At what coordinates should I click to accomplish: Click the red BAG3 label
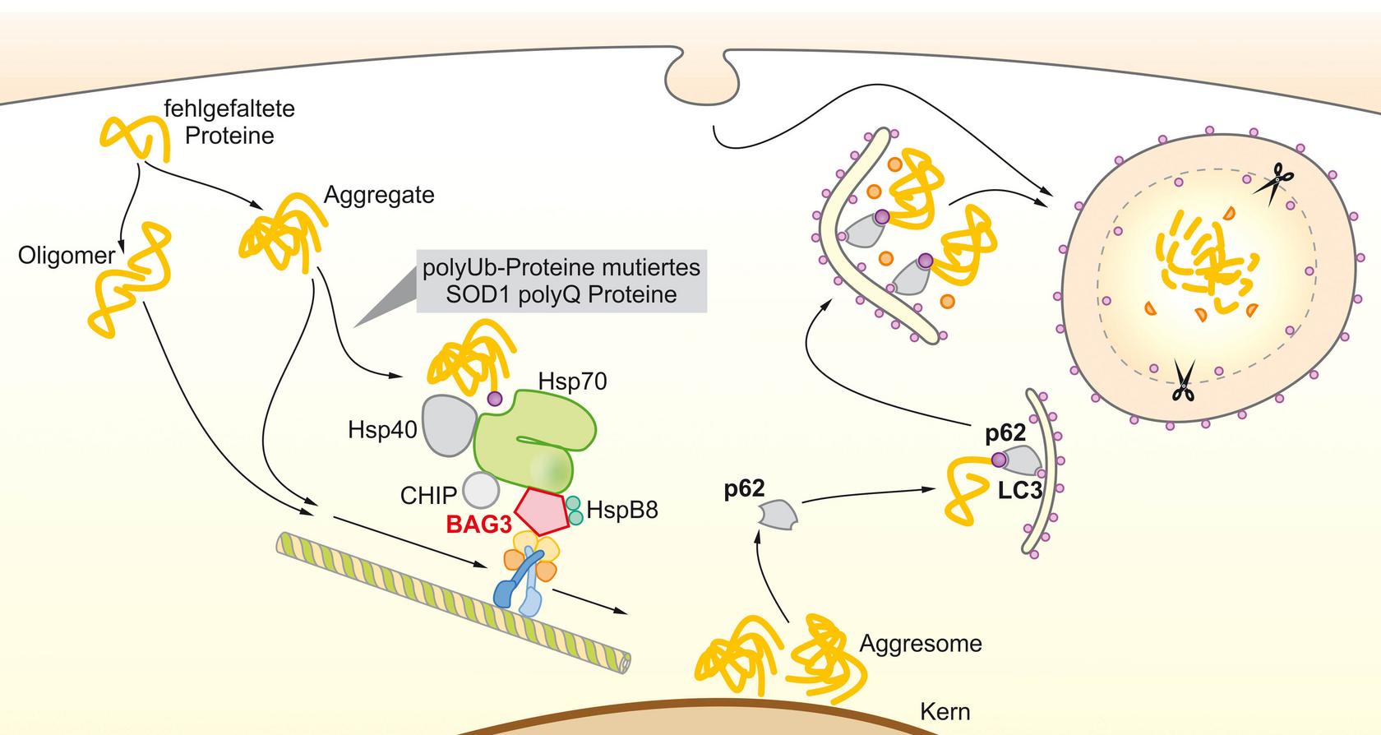[x=479, y=525]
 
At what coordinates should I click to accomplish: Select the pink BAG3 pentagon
[x=542, y=511]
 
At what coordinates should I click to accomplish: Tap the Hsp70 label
[x=572, y=381]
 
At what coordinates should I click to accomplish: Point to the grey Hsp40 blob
[x=449, y=426]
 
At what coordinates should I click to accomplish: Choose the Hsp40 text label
[x=382, y=430]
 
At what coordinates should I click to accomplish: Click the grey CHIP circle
[x=481, y=491]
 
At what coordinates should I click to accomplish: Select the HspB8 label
[x=622, y=510]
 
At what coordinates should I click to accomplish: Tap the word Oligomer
[x=67, y=255]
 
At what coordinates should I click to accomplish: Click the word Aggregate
[x=379, y=195]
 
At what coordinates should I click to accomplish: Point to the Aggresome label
[x=921, y=644]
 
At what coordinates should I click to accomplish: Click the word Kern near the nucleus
[x=945, y=712]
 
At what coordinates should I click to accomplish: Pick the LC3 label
[x=1019, y=491]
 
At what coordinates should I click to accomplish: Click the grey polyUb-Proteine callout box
[x=561, y=281]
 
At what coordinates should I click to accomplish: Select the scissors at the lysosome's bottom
[x=1184, y=381]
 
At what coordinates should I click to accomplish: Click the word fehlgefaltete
[x=229, y=109]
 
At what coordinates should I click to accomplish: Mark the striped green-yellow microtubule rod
[x=453, y=603]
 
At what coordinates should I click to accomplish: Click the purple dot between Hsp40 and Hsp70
[x=495, y=398]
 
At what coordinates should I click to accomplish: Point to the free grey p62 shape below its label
[x=778, y=515]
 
